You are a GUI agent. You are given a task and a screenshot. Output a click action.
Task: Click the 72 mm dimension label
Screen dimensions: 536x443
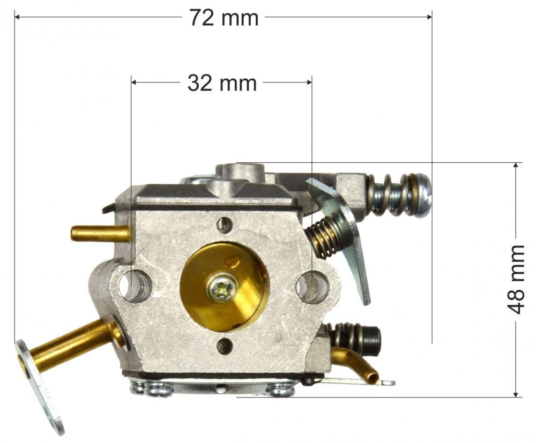[x=224, y=18]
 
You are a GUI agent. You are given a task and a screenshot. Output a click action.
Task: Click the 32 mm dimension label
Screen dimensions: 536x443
[x=222, y=83]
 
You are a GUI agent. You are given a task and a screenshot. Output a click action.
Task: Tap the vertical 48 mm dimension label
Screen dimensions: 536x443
[x=516, y=280]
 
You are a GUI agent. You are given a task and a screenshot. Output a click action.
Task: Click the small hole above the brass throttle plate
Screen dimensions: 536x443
[x=225, y=224]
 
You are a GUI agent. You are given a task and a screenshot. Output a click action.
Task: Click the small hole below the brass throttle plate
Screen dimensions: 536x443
[x=225, y=346]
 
